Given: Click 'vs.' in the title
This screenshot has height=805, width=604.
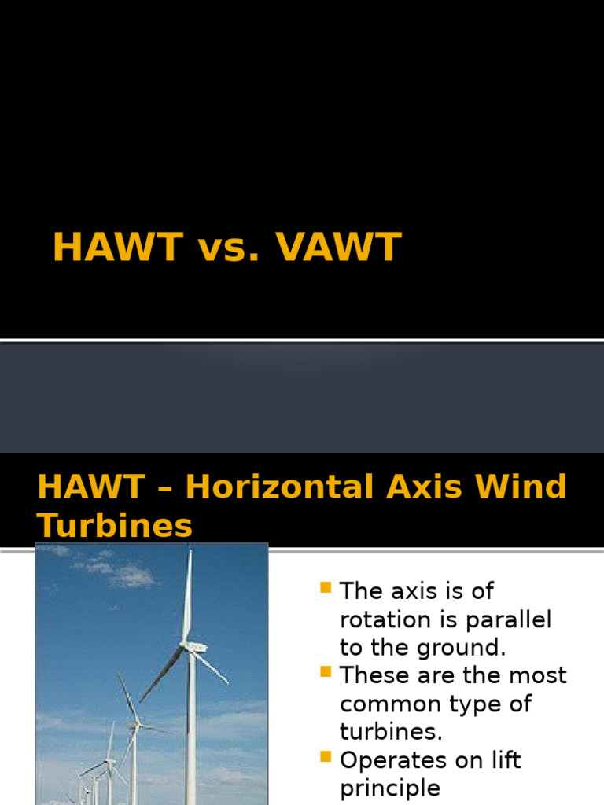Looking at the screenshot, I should (224, 248).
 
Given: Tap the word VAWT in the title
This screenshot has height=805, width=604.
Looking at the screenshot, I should (338, 248).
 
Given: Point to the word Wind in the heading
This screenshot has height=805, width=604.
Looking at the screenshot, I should (525, 487).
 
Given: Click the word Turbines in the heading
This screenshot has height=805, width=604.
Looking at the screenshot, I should (115, 525).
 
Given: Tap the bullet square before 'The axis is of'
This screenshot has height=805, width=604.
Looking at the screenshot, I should (326, 587).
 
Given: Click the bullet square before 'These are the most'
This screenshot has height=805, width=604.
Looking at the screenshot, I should (326, 671).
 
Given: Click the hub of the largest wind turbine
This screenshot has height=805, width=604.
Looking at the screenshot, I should (190, 646).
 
